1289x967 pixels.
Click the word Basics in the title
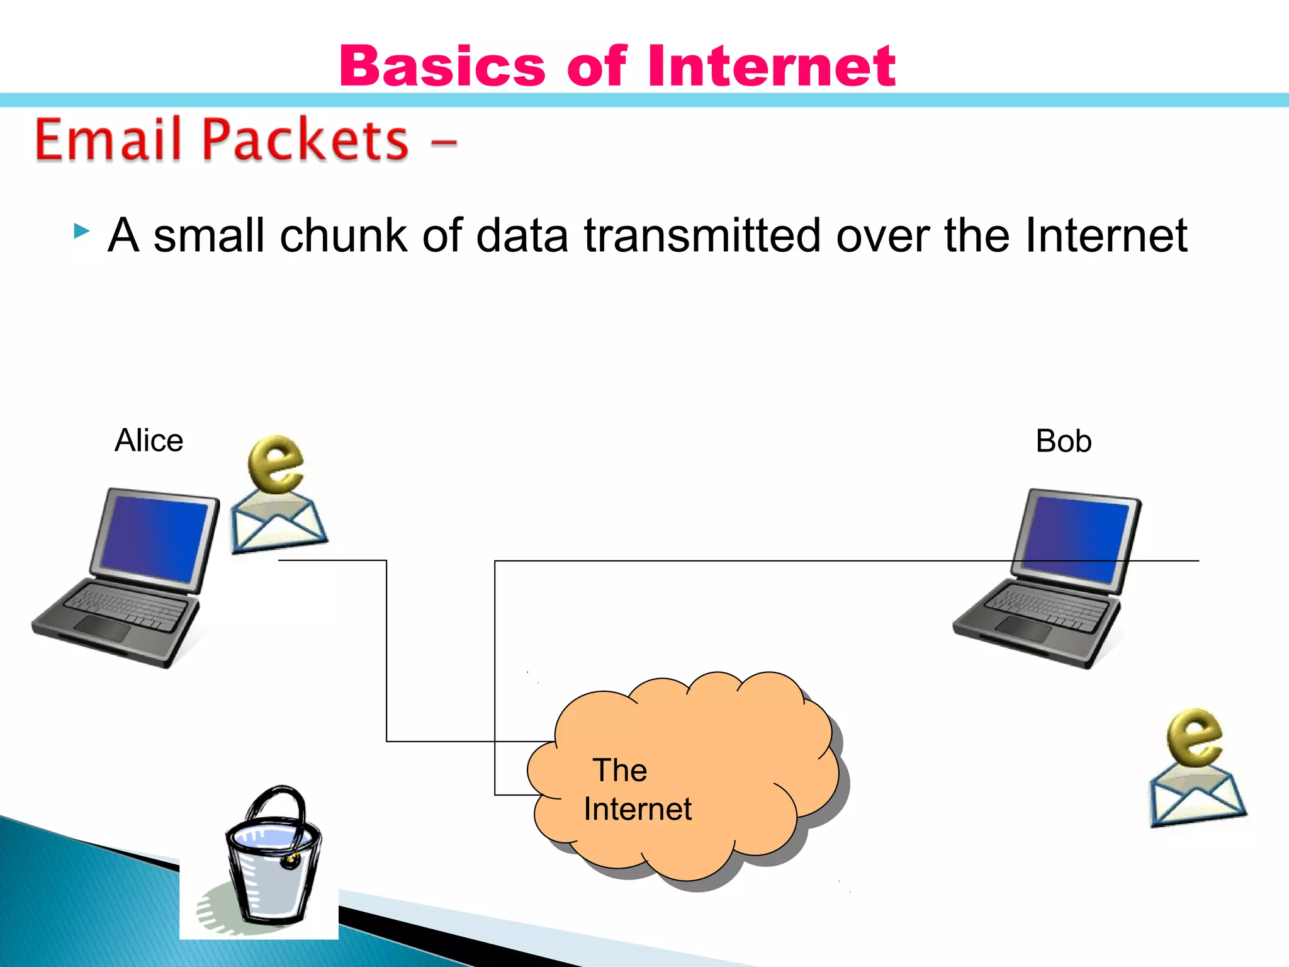tap(442, 66)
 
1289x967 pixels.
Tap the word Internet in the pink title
tap(771, 66)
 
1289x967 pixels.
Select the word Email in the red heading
tap(107, 140)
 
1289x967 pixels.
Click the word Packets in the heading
tap(305, 140)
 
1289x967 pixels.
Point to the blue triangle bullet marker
tap(81, 231)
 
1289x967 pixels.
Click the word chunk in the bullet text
tap(344, 235)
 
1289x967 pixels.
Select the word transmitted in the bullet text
tap(702, 235)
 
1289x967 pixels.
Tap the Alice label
tap(149, 440)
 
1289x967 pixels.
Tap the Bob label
tap(1063, 441)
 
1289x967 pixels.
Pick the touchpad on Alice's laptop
tap(102, 628)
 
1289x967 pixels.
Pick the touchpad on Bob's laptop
tap(1023, 629)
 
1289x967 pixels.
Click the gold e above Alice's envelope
tap(276, 464)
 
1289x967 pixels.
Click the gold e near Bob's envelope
tap(1194, 737)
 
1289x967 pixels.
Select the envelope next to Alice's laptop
tap(278, 524)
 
